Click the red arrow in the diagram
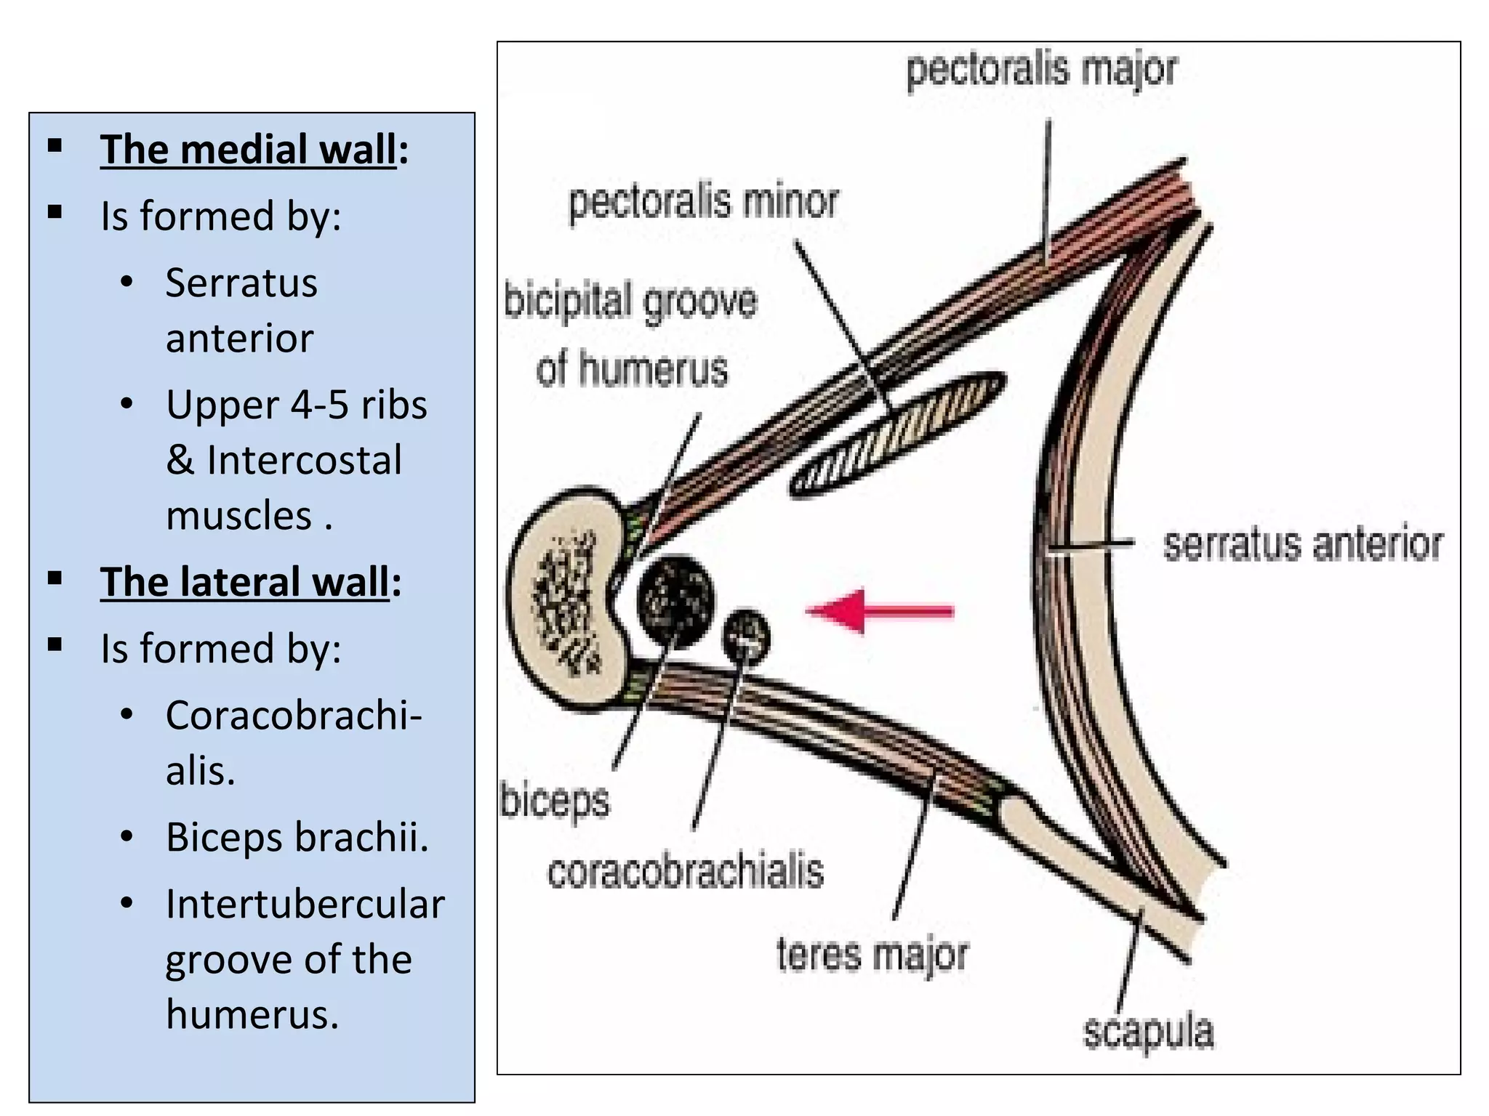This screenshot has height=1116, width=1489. [x=880, y=611]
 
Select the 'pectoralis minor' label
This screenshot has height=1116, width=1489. [x=703, y=202]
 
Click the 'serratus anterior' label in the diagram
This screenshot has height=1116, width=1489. [x=1302, y=545]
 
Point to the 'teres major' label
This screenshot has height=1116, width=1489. [x=872, y=955]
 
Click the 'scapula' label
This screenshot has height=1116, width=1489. [x=1148, y=1032]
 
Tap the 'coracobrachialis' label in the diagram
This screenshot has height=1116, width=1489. [x=685, y=872]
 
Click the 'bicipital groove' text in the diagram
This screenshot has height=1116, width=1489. [x=630, y=302]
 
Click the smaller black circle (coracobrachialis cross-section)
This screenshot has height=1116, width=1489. [x=746, y=636]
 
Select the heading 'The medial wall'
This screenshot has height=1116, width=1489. [x=249, y=150]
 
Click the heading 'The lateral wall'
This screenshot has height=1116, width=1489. [x=245, y=582]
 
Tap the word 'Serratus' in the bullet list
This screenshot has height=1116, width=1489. [x=241, y=283]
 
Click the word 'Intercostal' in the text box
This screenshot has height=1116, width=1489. [x=304, y=460]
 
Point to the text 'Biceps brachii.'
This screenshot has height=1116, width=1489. [x=297, y=837]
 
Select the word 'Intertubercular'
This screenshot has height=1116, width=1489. [x=305, y=905]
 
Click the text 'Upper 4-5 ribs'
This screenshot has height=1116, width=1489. [x=296, y=405]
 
